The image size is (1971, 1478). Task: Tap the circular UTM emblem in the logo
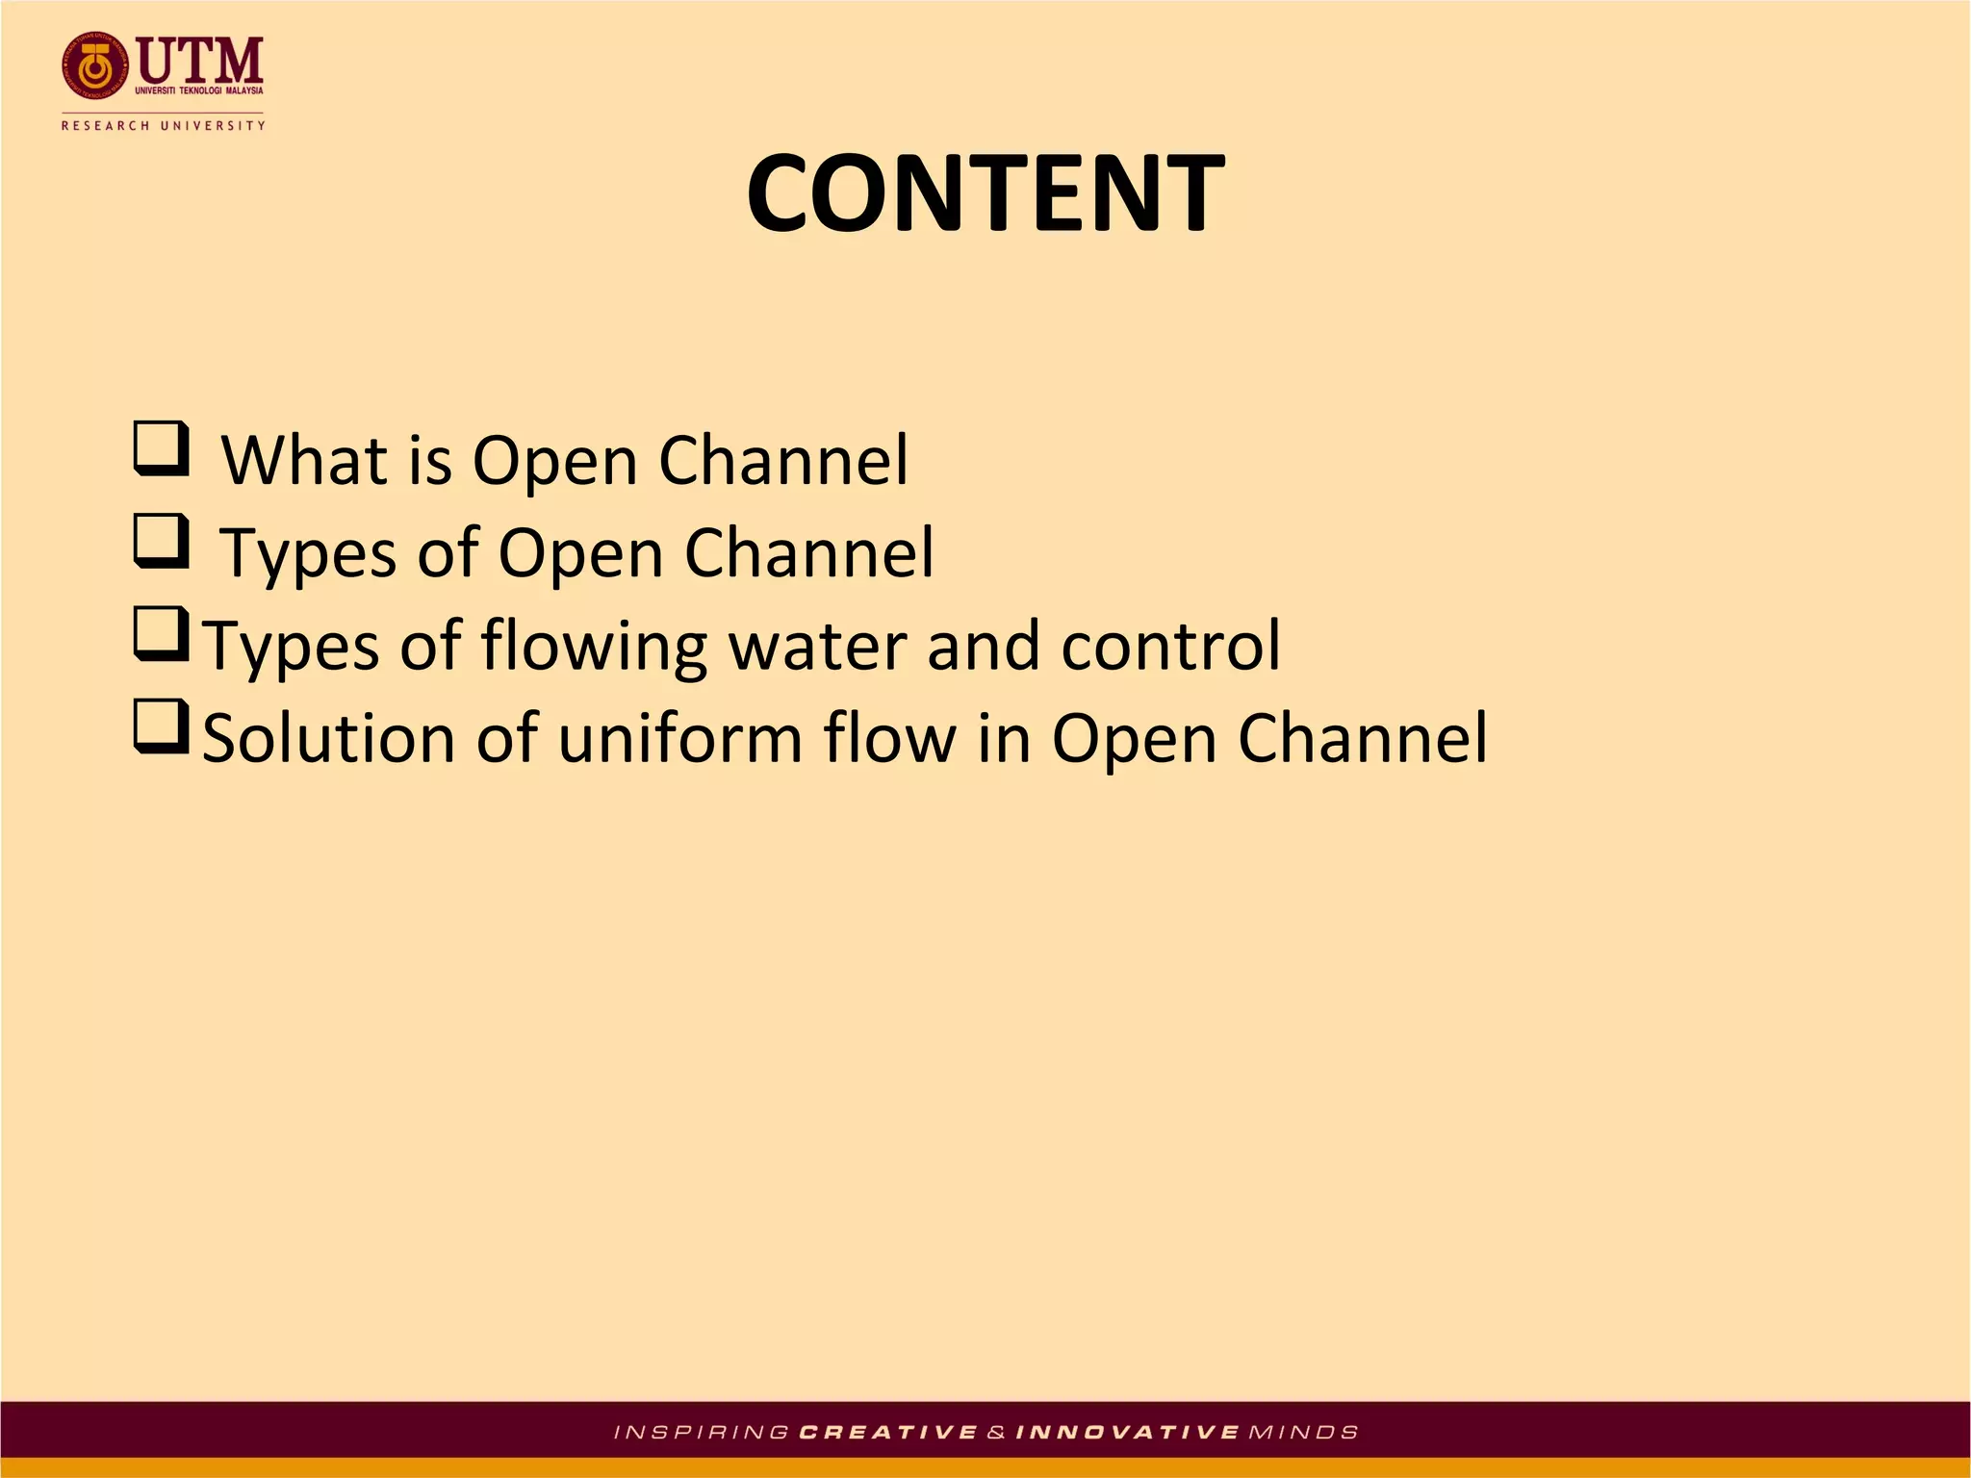pyautogui.click(x=94, y=66)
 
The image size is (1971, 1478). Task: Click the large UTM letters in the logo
pyautogui.click(x=200, y=60)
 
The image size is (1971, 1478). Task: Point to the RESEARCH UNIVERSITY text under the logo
pyautogui.click(x=163, y=125)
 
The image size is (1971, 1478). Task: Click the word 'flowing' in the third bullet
pyautogui.click(x=594, y=647)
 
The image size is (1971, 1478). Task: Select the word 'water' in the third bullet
pyautogui.click(x=817, y=645)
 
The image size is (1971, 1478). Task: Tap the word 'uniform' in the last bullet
pyautogui.click(x=678, y=739)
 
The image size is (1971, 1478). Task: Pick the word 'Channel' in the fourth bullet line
pyautogui.click(x=1362, y=739)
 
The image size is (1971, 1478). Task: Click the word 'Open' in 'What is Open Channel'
pyautogui.click(x=554, y=462)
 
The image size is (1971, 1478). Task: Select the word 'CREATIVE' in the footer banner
pyautogui.click(x=888, y=1433)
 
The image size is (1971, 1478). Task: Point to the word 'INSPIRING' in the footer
pyautogui.click(x=702, y=1433)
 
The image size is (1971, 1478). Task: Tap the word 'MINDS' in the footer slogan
pyautogui.click(x=1303, y=1433)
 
